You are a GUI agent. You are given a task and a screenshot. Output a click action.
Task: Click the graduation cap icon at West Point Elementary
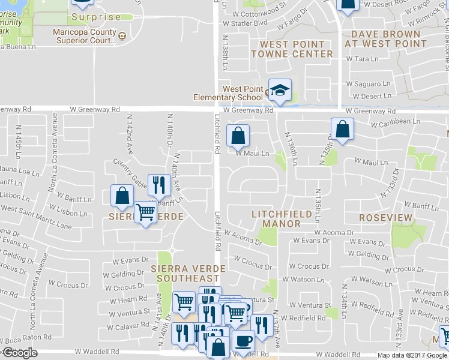click(x=280, y=91)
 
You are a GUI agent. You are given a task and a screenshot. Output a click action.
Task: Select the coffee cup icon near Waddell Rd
click(x=243, y=340)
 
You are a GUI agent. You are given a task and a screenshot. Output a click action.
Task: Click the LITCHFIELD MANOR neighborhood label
click(x=282, y=219)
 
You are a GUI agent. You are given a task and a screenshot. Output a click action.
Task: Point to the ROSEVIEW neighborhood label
click(x=385, y=217)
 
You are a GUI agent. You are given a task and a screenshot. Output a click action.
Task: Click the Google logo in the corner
click(x=20, y=353)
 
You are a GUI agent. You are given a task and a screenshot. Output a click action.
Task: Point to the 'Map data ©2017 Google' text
click(x=412, y=355)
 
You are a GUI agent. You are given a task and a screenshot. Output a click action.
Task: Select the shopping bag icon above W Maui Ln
click(x=238, y=136)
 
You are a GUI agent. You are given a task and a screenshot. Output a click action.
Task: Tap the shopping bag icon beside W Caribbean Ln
click(x=342, y=129)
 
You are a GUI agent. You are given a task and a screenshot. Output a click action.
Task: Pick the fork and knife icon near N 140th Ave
click(x=158, y=184)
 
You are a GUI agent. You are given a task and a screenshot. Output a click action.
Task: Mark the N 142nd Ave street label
click(x=129, y=136)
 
